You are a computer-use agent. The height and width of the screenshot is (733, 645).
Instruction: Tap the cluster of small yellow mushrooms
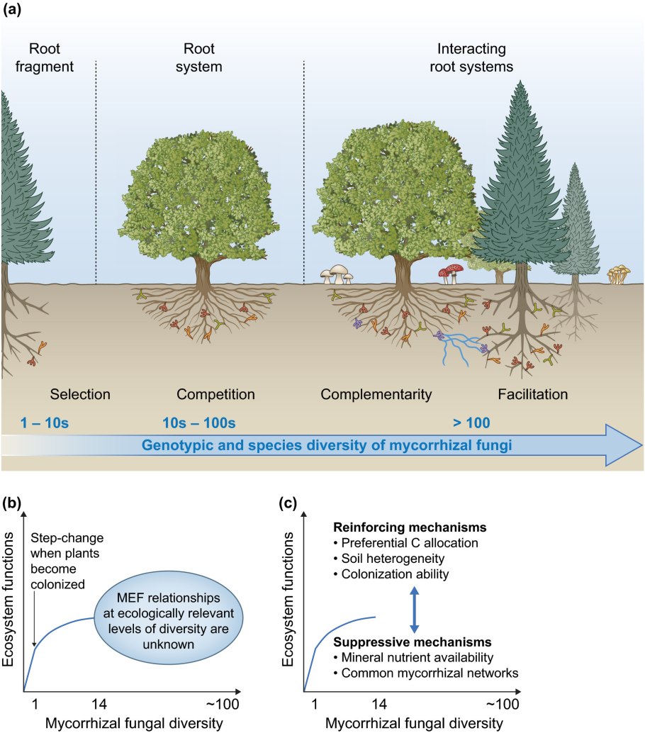(x=618, y=274)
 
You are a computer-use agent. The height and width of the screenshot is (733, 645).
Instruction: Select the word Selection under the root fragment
(x=80, y=393)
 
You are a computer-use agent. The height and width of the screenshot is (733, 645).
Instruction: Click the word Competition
(x=215, y=393)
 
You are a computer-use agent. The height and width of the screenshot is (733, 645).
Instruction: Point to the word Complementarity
(x=376, y=393)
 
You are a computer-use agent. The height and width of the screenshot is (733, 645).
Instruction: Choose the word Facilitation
(x=532, y=393)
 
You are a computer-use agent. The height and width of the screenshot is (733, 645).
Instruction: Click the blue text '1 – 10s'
(x=46, y=424)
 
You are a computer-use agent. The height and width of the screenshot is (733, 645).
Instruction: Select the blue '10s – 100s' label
(x=198, y=424)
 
